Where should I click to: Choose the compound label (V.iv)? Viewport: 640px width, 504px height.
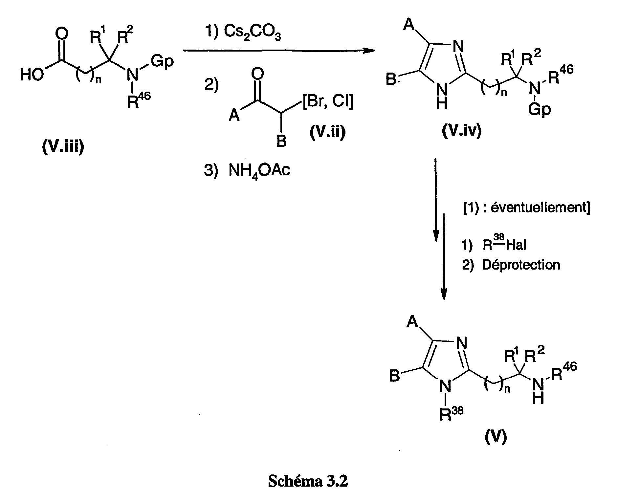[461, 131]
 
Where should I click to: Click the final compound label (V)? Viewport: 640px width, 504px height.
[496, 437]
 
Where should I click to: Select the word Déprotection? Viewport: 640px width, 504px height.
[521, 265]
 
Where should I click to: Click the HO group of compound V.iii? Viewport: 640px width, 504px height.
[32, 75]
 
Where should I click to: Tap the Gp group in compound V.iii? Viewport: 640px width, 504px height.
[162, 61]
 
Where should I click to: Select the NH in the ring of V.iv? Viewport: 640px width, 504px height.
[442, 95]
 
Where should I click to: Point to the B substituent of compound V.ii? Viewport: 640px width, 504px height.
[281, 142]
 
